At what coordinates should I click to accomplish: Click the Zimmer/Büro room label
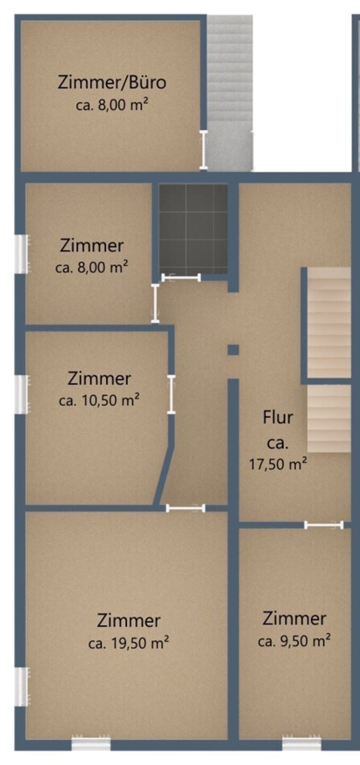pyautogui.click(x=112, y=83)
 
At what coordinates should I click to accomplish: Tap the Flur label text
pyautogui.click(x=278, y=418)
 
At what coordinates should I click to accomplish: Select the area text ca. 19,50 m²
pyautogui.click(x=128, y=644)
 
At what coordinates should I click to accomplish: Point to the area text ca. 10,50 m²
pyautogui.click(x=99, y=400)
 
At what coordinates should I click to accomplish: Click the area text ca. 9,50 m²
pyautogui.click(x=294, y=641)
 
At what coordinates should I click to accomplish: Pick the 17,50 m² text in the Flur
pyautogui.click(x=278, y=464)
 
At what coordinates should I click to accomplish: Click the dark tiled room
pyautogui.click(x=193, y=229)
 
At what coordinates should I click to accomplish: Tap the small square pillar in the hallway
pyautogui.click(x=234, y=350)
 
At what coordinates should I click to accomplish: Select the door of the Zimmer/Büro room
pyautogui.click(x=203, y=150)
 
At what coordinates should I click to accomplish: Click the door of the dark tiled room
pyautogui.click(x=181, y=278)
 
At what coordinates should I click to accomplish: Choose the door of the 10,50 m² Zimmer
pyautogui.click(x=172, y=395)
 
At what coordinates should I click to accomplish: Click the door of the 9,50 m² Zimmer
pyautogui.click(x=323, y=525)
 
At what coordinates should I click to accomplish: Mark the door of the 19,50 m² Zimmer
pyautogui.click(x=185, y=508)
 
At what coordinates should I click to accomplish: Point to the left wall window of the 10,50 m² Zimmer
pyautogui.click(x=22, y=394)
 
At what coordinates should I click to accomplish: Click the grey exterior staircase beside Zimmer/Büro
pyautogui.click(x=230, y=93)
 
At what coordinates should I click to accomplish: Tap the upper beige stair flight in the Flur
pyautogui.click(x=329, y=322)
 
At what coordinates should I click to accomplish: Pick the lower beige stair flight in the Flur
pyautogui.click(x=329, y=419)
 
